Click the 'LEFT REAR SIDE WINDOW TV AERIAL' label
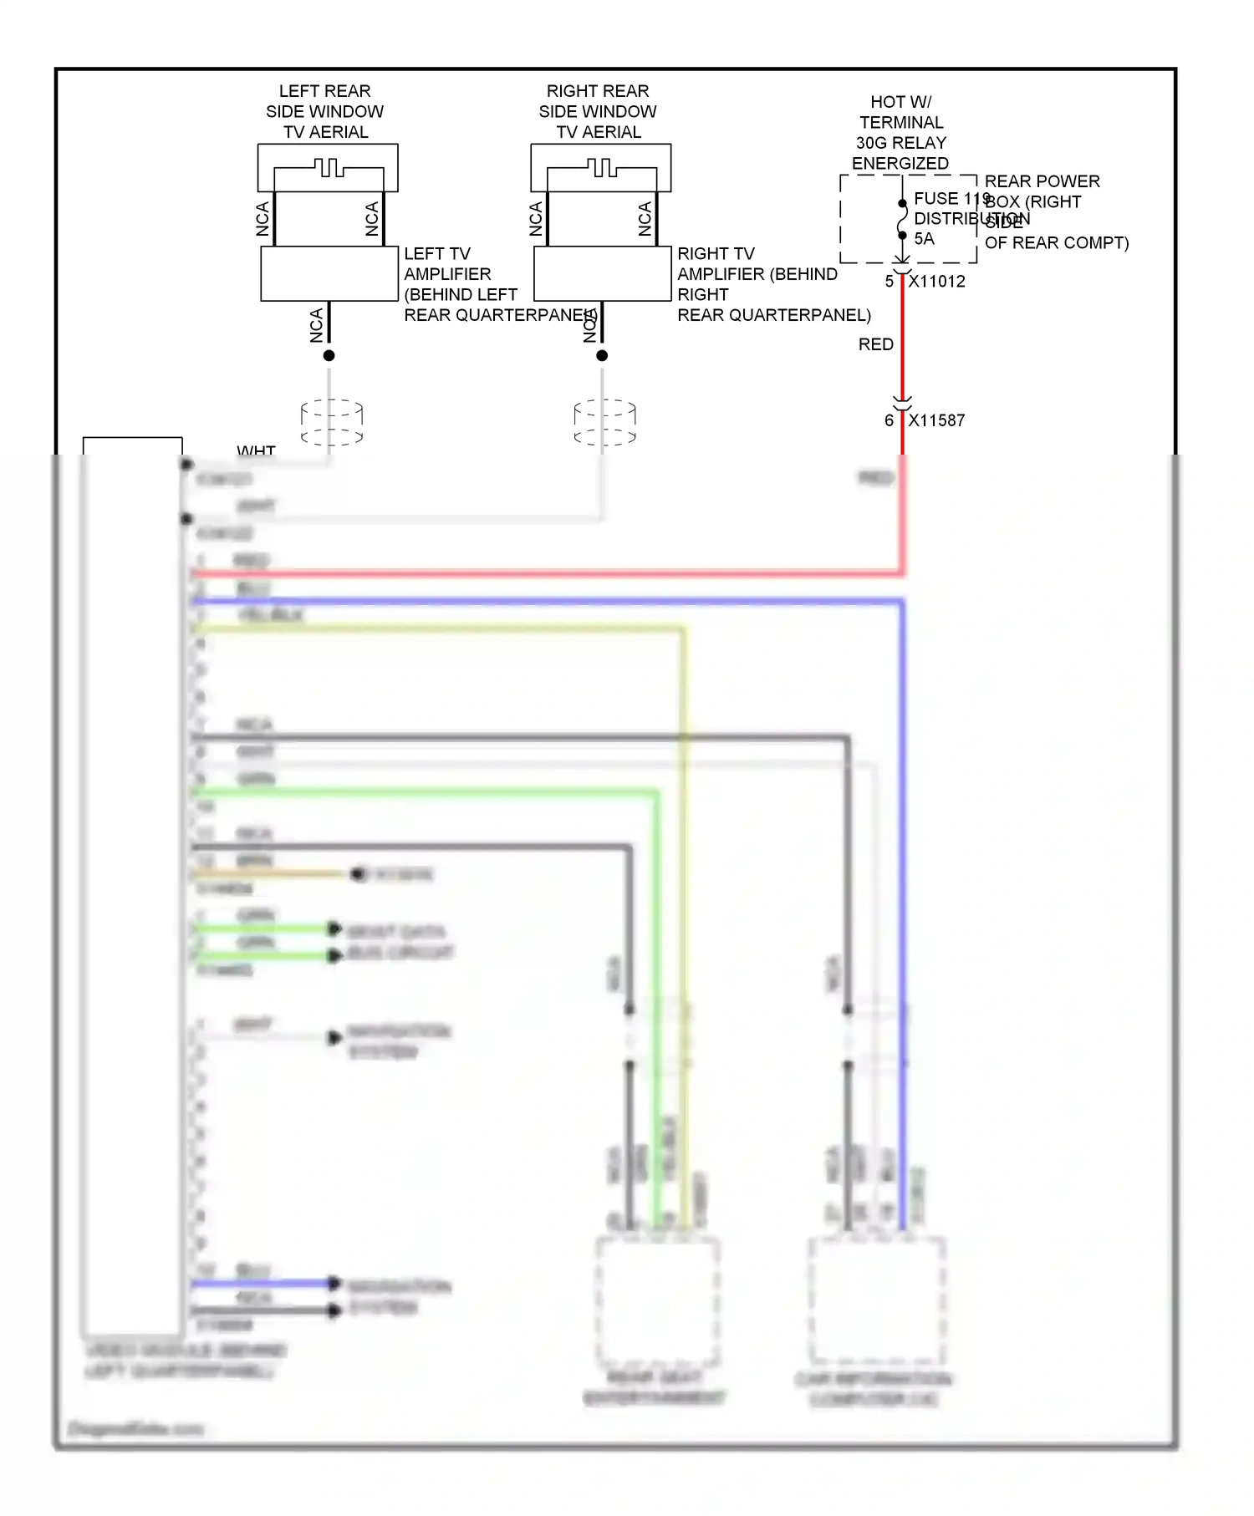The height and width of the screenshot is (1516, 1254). (x=325, y=111)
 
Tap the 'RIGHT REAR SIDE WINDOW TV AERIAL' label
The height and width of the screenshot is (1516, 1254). (x=598, y=111)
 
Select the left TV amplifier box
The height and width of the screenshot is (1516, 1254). (x=329, y=273)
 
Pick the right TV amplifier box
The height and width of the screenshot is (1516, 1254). (x=602, y=273)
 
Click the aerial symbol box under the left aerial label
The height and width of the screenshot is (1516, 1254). (x=328, y=168)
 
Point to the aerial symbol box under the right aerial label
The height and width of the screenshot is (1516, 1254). (x=600, y=168)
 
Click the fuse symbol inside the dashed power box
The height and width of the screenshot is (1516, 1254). (x=902, y=220)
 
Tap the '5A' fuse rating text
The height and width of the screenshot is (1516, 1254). (x=924, y=239)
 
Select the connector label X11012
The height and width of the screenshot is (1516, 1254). (x=937, y=282)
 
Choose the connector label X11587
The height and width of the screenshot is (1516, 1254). (x=937, y=420)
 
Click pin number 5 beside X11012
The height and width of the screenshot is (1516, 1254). (x=890, y=282)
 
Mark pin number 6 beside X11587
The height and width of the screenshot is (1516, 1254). (x=890, y=420)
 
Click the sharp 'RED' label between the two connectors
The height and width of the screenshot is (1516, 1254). (x=876, y=344)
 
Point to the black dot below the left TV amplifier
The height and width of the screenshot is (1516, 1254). (x=329, y=355)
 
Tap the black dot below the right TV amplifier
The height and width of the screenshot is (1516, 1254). (x=602, y=355)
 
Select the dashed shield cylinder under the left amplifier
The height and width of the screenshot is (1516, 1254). (x=332, y=422)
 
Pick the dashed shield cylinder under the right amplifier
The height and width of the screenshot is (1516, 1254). (x=604, y=422)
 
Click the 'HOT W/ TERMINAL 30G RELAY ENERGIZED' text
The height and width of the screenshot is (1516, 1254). (x=900, y=132)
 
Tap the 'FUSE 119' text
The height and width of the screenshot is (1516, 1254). (x=950, y=199)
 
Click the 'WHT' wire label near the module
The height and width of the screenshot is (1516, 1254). (x=256, y=450)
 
